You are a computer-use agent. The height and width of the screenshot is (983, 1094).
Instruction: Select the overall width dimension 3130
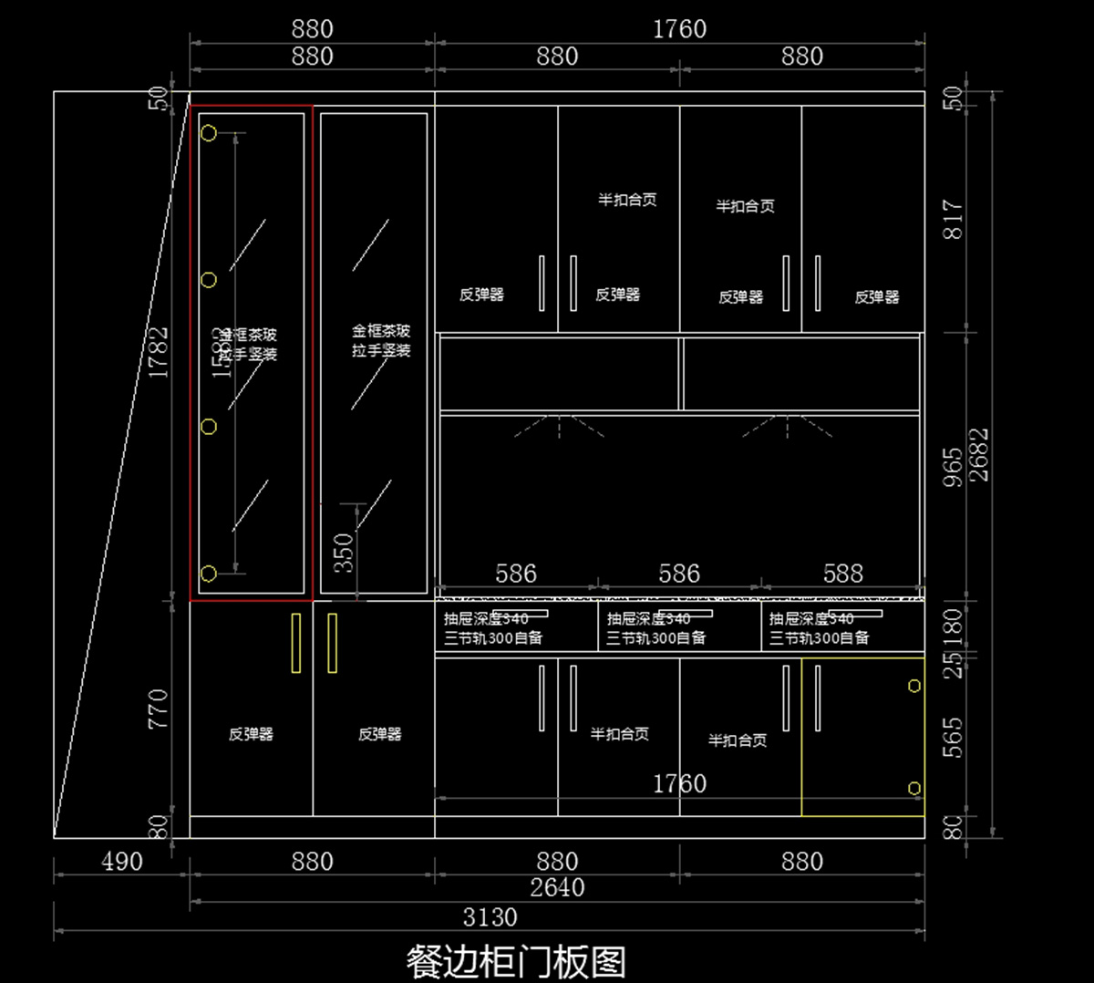click(x=490, y=917)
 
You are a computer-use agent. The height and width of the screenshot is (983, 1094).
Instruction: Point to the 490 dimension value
click(x=122, y=862)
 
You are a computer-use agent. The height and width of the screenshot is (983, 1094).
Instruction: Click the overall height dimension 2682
click(x=979, y=455)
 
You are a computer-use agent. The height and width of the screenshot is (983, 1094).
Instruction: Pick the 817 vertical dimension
click(x=953, y=220)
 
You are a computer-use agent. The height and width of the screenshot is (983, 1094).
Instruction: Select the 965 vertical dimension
click(x=953, y=467)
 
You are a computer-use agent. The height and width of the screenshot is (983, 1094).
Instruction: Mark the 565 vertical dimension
click(x=953, y=738)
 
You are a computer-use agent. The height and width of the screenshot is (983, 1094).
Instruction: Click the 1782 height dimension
click(x=159, y=352)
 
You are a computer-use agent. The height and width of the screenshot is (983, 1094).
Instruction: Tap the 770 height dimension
click(x=159, y=709)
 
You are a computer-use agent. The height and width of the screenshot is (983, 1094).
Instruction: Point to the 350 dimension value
click(x=343, y=554)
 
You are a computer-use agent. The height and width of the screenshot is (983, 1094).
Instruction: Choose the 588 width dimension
click(x=842, y=574)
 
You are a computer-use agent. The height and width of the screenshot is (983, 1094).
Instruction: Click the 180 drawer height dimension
click(x=953, y=626)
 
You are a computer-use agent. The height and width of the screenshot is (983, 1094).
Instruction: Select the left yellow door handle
click(x=295, y=643)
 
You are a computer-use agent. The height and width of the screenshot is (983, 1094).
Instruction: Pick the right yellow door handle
click(x=332, y=643)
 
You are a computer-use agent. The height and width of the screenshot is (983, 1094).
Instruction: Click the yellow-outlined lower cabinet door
click(x=862, y=737)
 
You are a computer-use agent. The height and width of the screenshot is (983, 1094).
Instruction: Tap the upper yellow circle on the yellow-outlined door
click(x=913, y=686)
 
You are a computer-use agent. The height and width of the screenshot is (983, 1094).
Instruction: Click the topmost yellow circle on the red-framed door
click(x=209, y=134)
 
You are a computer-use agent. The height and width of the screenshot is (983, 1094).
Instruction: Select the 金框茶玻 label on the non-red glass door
click(x=381, y=331)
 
